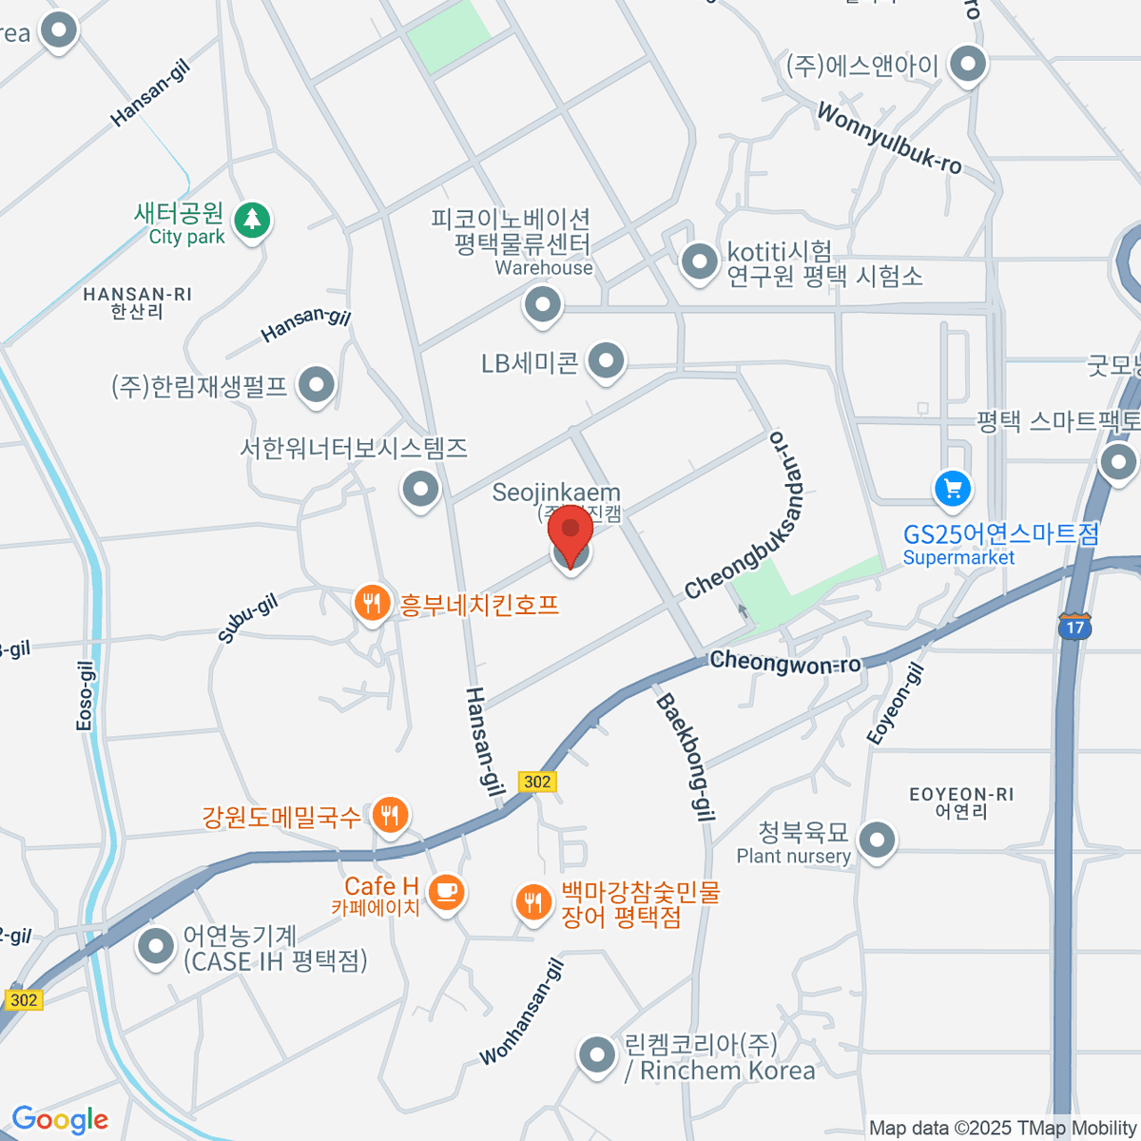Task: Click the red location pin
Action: tap(570, 533)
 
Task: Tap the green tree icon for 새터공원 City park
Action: tap(252, 221)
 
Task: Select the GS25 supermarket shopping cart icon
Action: tap(953, 489)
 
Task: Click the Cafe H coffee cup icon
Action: tap(445, 892)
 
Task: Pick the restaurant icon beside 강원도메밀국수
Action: tap(389, 814)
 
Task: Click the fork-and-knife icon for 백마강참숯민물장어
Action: tap(533, 901)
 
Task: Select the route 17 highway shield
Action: tap(1075, 627)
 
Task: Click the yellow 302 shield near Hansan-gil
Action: tap(537, 782)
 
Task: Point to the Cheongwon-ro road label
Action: tap(785, 662)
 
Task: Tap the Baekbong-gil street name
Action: tap(686, 757)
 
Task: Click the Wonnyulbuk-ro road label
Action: tap(889, 139)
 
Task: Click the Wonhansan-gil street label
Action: tap(522, 1013)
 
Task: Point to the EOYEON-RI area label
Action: tap(961, 794)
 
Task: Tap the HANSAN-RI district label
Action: tap(137, 295)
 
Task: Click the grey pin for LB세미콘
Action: tap(606, 360)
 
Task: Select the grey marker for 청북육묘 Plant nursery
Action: tap(877, 841)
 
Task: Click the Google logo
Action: tap(60, 1120)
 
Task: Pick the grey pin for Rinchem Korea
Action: tap(597, 1054)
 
